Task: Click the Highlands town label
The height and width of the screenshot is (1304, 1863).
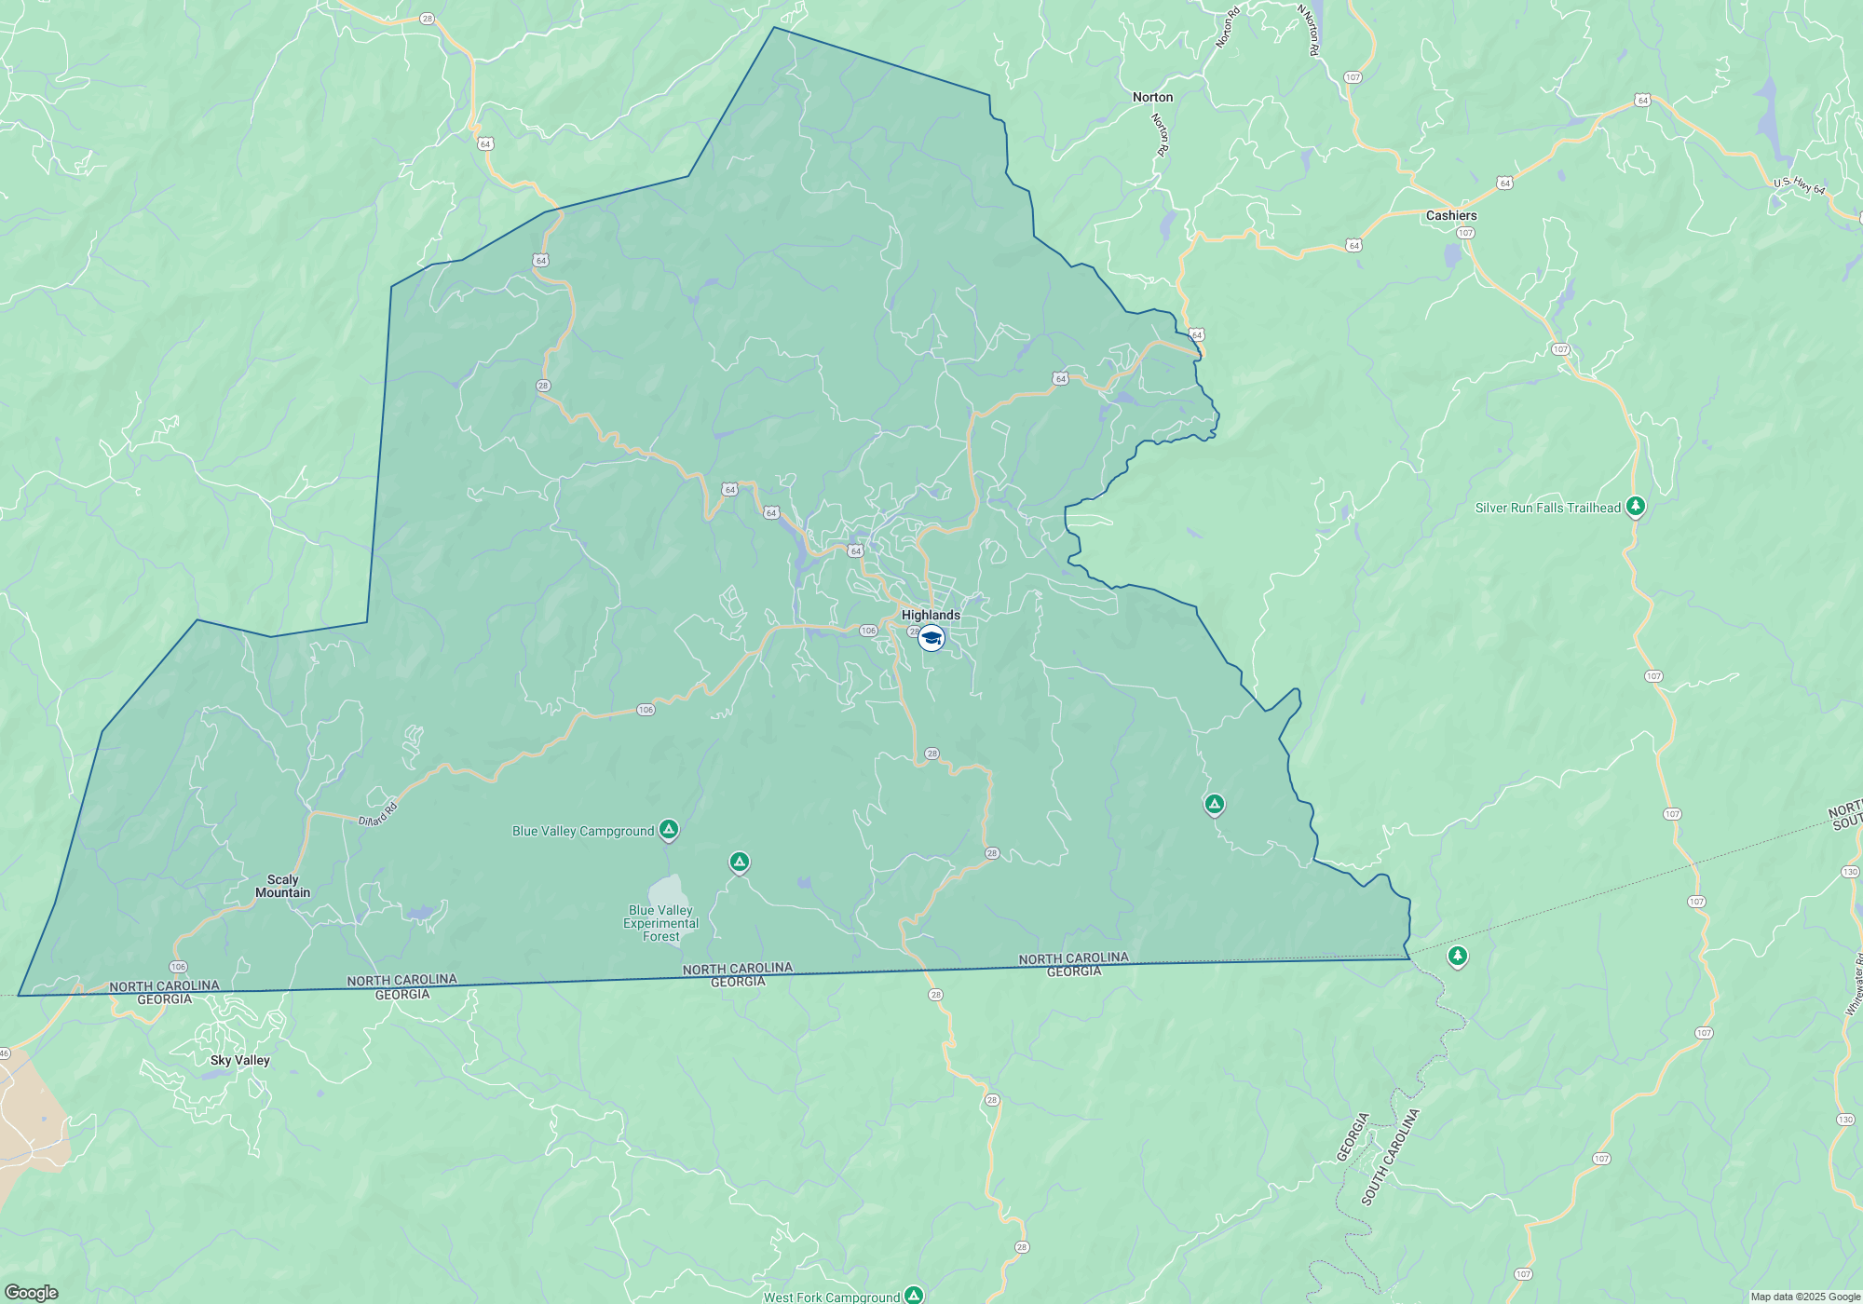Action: pos(931,615)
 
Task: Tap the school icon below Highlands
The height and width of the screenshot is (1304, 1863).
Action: pos(931,638)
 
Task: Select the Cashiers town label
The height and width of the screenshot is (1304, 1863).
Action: pos(1451,215)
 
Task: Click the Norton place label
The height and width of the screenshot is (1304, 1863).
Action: pos(1152,97)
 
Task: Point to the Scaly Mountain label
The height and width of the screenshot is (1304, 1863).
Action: pos(282,886)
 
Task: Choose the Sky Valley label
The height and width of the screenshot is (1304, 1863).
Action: pos(239,1060)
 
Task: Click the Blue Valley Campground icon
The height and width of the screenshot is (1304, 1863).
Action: pos(669,829)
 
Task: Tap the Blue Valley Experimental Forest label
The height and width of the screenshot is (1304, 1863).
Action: pos(660,923)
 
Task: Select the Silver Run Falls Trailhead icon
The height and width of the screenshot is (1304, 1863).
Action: pos(1636,507)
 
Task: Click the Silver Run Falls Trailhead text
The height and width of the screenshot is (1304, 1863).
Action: pos(1547,508)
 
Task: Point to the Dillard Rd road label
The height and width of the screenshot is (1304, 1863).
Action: pos(378,814)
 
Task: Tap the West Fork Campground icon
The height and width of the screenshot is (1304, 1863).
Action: pos(915,1295)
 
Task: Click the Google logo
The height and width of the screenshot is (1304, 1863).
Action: pos(32,1293)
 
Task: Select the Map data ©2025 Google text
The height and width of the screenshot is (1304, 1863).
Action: pos(1805,1297)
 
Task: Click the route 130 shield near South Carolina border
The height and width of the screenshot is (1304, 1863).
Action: pos(1850,872)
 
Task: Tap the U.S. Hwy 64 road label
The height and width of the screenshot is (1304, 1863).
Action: pos(1799,186)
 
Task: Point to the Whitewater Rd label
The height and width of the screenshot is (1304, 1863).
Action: pos(1855,984)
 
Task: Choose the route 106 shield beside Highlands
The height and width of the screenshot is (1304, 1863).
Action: pos(868,631)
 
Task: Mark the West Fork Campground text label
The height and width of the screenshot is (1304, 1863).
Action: pos(832,1297)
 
